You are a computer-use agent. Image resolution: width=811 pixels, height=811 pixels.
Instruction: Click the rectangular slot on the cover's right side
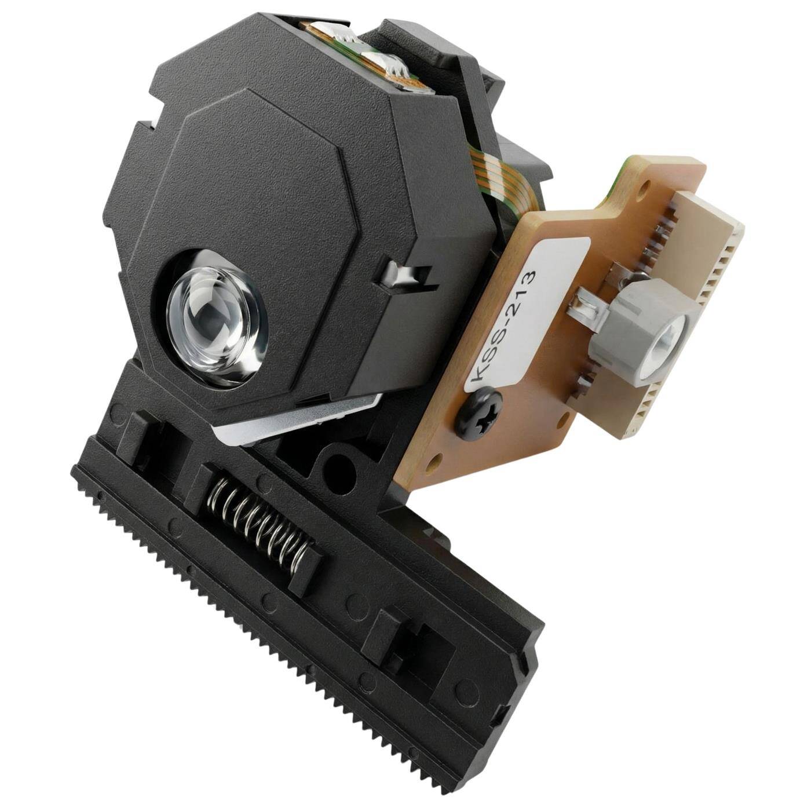405,272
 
